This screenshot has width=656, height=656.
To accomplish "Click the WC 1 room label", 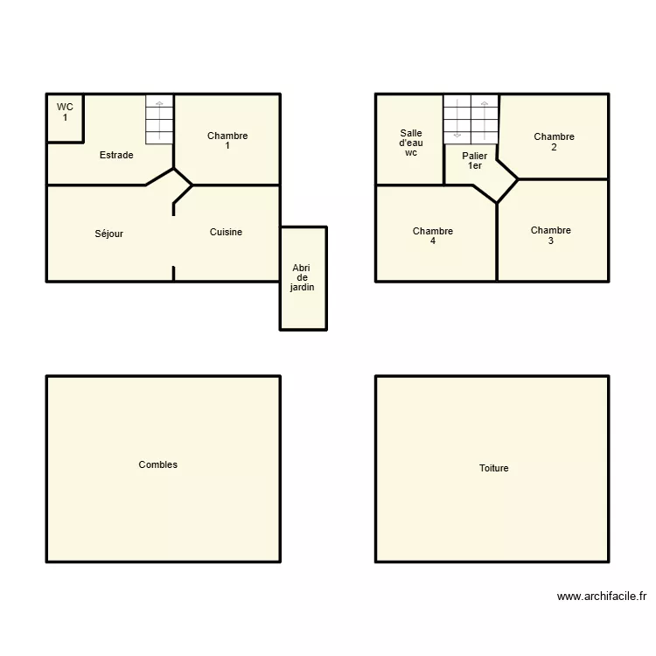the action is (x=65, y=112).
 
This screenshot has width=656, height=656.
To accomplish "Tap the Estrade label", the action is (x=116, y=155).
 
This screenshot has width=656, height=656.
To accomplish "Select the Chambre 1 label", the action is (x=227, y=141).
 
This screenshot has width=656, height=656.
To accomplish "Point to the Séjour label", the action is (x=108, y=234).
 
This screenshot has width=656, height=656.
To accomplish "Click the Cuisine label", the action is (x=226, y=232).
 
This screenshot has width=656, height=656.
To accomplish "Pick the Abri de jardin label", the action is (x=302, y=277).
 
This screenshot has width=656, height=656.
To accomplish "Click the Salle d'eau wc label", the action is (x=411, y=143).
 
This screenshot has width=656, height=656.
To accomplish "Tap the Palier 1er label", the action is (x=474, y=161).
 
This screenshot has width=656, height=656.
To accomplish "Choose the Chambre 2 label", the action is (x=554, y=142).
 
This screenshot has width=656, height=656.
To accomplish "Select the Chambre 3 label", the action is (x=550, y=235).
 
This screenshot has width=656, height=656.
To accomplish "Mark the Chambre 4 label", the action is (x=433, y=236).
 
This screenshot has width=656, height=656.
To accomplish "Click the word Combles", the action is (x=157, y=464).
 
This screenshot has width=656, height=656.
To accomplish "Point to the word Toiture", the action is (x=493, y=468).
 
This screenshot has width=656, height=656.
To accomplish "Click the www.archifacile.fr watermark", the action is (x=602, y=597).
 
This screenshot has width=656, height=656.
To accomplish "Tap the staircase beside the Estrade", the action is (x=159, y=120).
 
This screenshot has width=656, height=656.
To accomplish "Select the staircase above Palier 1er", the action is (x=471, y=120).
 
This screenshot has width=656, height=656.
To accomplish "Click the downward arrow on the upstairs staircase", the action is (x=457, y=118).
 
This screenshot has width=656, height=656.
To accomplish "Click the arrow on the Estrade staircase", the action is (x=159, y=120).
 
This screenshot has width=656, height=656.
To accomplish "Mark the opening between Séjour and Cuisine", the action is (x=174, y=241).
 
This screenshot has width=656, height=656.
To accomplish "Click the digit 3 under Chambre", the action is (x=551, y=241).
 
